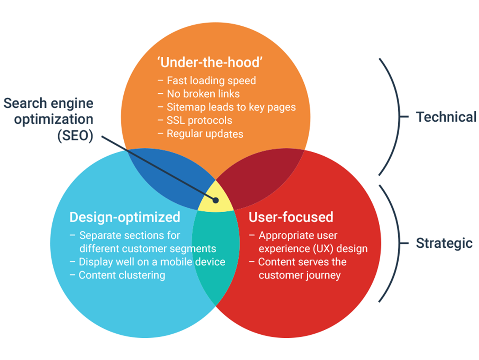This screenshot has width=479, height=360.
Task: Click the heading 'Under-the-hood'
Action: click(x=209, y=63)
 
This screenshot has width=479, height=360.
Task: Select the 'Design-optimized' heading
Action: click(x=125, y=217)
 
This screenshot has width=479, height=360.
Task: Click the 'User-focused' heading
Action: click(x=291, y=217)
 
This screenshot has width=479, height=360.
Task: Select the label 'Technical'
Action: click(x=446, y=117)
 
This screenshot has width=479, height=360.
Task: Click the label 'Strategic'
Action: click(x=444, y=243)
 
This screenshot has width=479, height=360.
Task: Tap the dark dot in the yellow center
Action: click(x=216, y=200)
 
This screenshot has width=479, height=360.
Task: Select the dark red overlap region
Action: click(x=259, y=178)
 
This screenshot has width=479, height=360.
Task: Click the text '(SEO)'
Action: click(x=75, y=135)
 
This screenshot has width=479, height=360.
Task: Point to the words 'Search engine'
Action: click(x=48, y=104)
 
